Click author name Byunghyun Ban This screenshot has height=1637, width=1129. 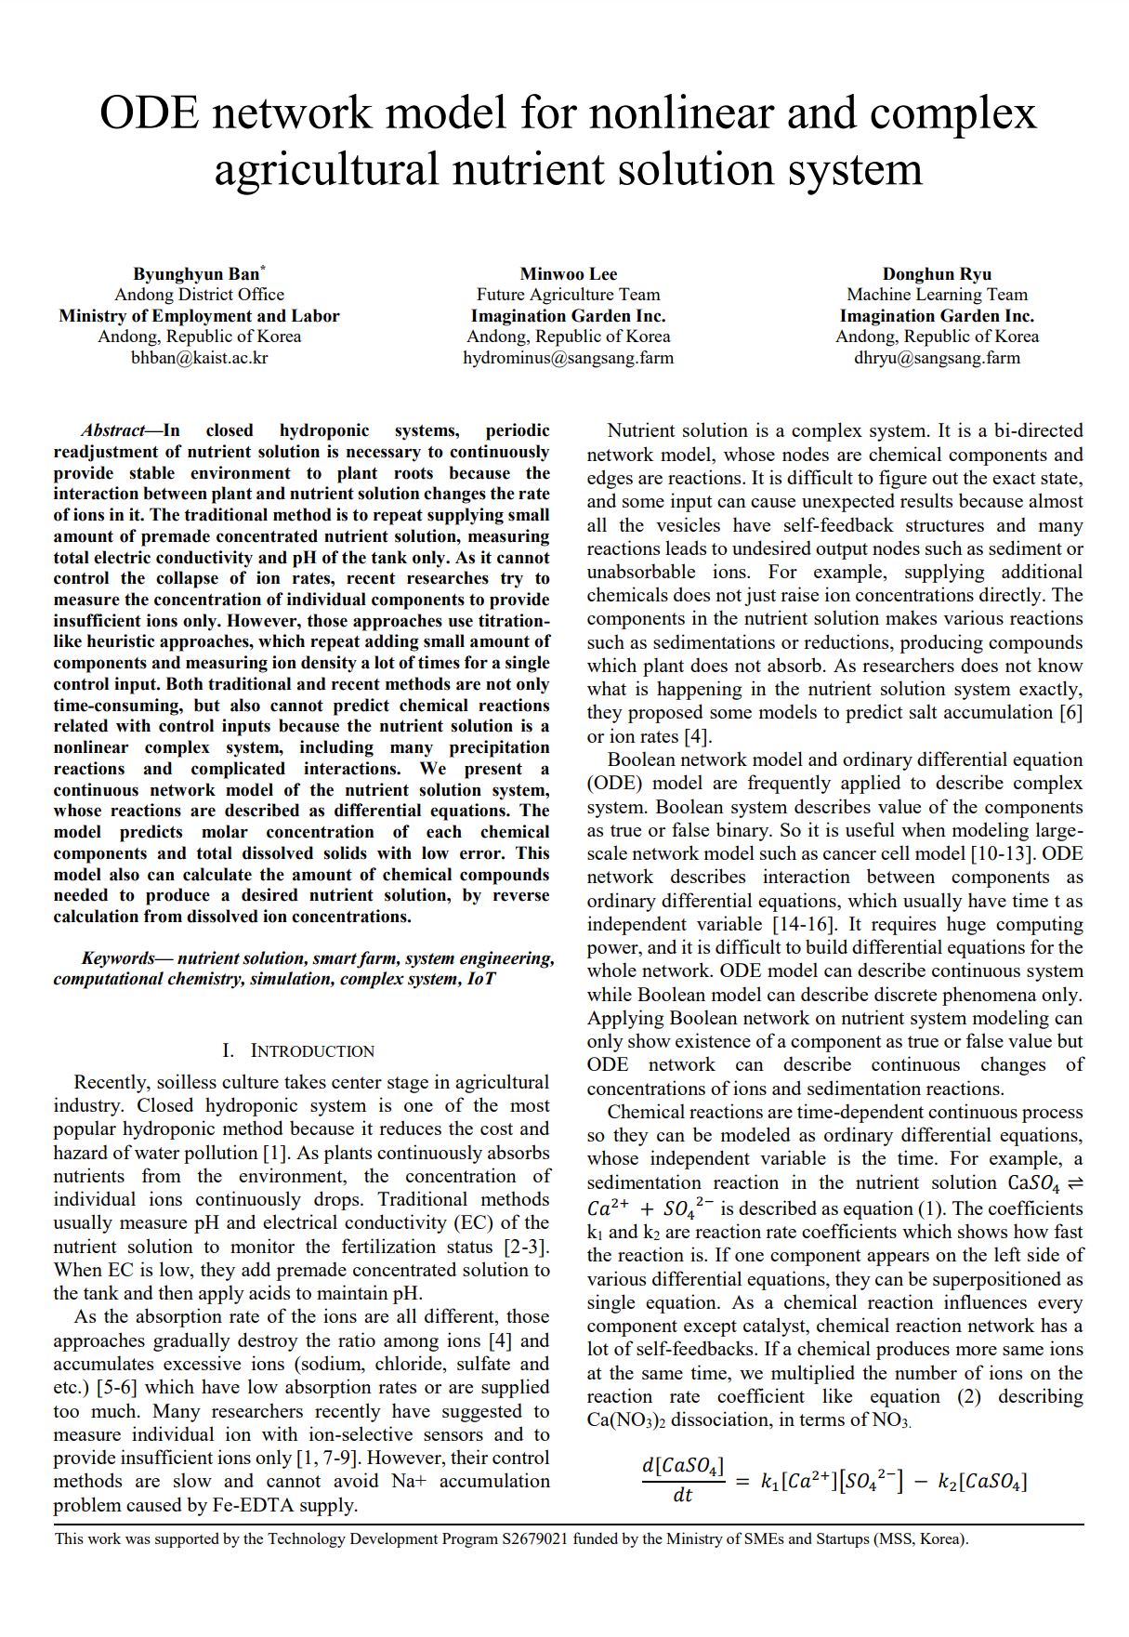196,273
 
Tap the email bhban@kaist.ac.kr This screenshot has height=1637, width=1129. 199,358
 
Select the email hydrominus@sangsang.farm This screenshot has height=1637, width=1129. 568,358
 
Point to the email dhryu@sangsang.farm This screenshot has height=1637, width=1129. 937,358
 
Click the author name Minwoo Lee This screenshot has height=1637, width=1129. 568,273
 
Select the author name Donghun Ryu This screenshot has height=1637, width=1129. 937,273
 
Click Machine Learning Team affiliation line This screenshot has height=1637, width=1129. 937,295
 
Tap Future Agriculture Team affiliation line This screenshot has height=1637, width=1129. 568,295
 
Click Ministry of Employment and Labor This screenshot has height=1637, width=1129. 199,316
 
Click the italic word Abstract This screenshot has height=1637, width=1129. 112,430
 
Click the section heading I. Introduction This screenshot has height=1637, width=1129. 298,1050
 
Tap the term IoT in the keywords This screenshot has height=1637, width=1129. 480,979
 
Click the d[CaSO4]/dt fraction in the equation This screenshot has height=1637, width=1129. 682,1480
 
